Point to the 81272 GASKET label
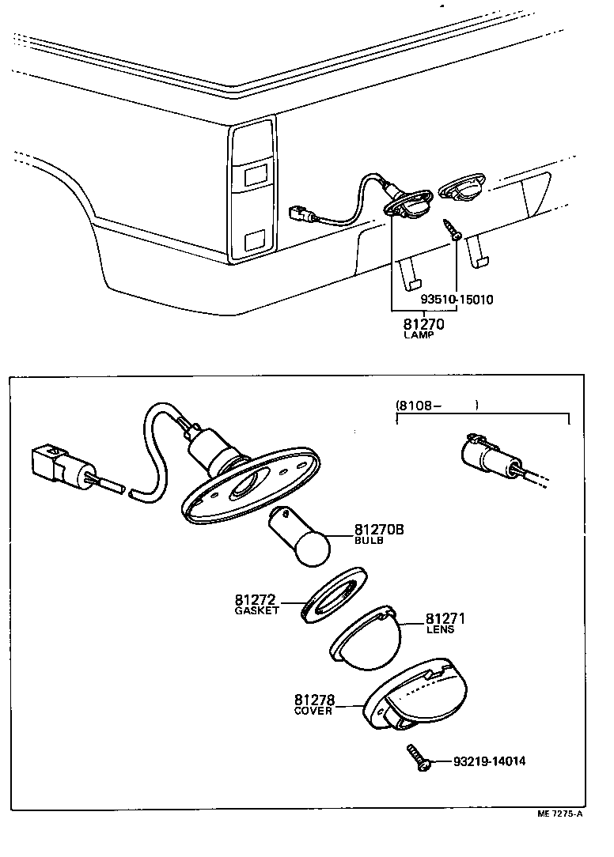(x=256, y=605)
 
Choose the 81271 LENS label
(x=445, y=623)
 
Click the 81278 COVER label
(x=314, y=704)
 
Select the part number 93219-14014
(x=489, y=762)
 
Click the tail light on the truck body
(x=252, y=190)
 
